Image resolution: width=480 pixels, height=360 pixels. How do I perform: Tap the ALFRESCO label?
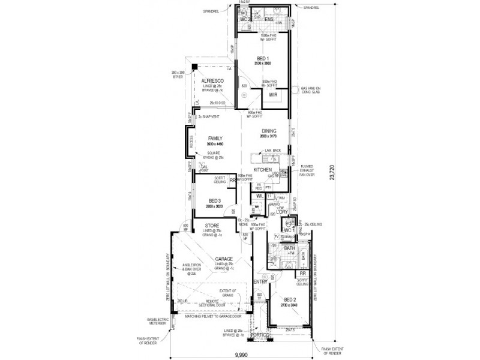point(212,80)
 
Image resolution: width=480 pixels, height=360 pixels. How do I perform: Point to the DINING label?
point(268,131)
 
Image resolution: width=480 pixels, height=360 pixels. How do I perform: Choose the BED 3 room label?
point(215,200)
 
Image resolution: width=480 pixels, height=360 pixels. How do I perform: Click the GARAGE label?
point(216,259)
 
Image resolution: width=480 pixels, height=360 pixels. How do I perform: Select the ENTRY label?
point(260,281)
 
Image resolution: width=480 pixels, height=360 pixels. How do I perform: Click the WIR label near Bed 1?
point(272,95)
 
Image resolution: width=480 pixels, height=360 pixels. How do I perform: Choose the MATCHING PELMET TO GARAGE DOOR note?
point(214,315)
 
